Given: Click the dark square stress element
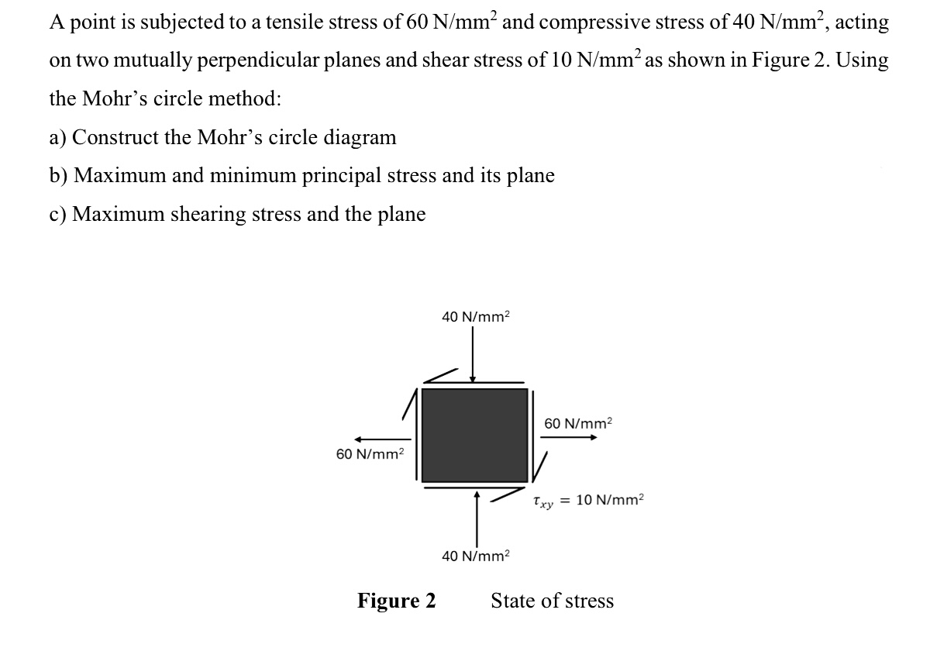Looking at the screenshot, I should tap(474, 435).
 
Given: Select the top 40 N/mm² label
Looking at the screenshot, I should tap(475, 316).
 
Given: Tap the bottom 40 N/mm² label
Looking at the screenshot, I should tap(475, 556).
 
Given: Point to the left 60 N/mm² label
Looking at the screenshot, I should tap(370, 453).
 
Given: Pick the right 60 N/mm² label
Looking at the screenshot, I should tap(577, 423).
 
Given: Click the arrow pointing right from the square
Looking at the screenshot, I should tap(569, 437).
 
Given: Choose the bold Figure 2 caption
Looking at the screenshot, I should tap(396, 601).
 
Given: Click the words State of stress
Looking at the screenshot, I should tap(552, 601).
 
